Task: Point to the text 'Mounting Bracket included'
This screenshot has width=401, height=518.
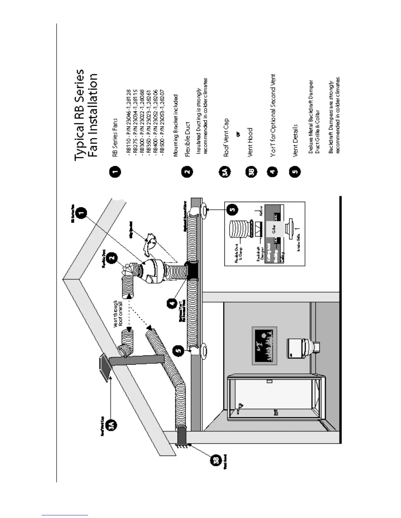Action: coord(176,126)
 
